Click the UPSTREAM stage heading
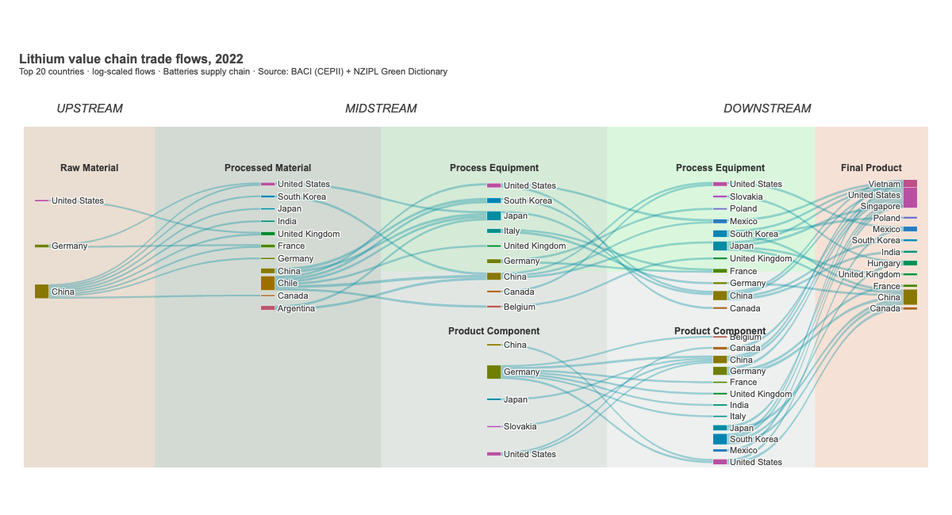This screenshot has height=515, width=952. [90, 109]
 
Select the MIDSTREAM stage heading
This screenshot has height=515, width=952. [381, 109]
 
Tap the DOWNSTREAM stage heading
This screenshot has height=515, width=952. [767, 109]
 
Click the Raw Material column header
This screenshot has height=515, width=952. [89, 168]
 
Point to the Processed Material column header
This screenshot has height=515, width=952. [267, 168]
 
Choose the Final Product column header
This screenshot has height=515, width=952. [871, 168]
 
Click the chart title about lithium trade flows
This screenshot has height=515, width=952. [131, 59]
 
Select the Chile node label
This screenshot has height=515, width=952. [287, 284]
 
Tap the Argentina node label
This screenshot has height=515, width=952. [296, 308]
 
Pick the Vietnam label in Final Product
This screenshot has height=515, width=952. [884, 184]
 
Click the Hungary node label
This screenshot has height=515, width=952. [883, 263]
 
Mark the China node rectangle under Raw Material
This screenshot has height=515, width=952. [41, 292]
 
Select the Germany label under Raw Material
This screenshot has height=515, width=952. [69, 246]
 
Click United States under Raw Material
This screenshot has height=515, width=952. [77, 201]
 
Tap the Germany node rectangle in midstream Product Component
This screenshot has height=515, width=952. [493, 372]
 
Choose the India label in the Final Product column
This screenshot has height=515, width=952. [891, 252]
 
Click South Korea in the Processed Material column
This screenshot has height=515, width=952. [301, 196]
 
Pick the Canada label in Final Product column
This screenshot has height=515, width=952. [885, 309]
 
